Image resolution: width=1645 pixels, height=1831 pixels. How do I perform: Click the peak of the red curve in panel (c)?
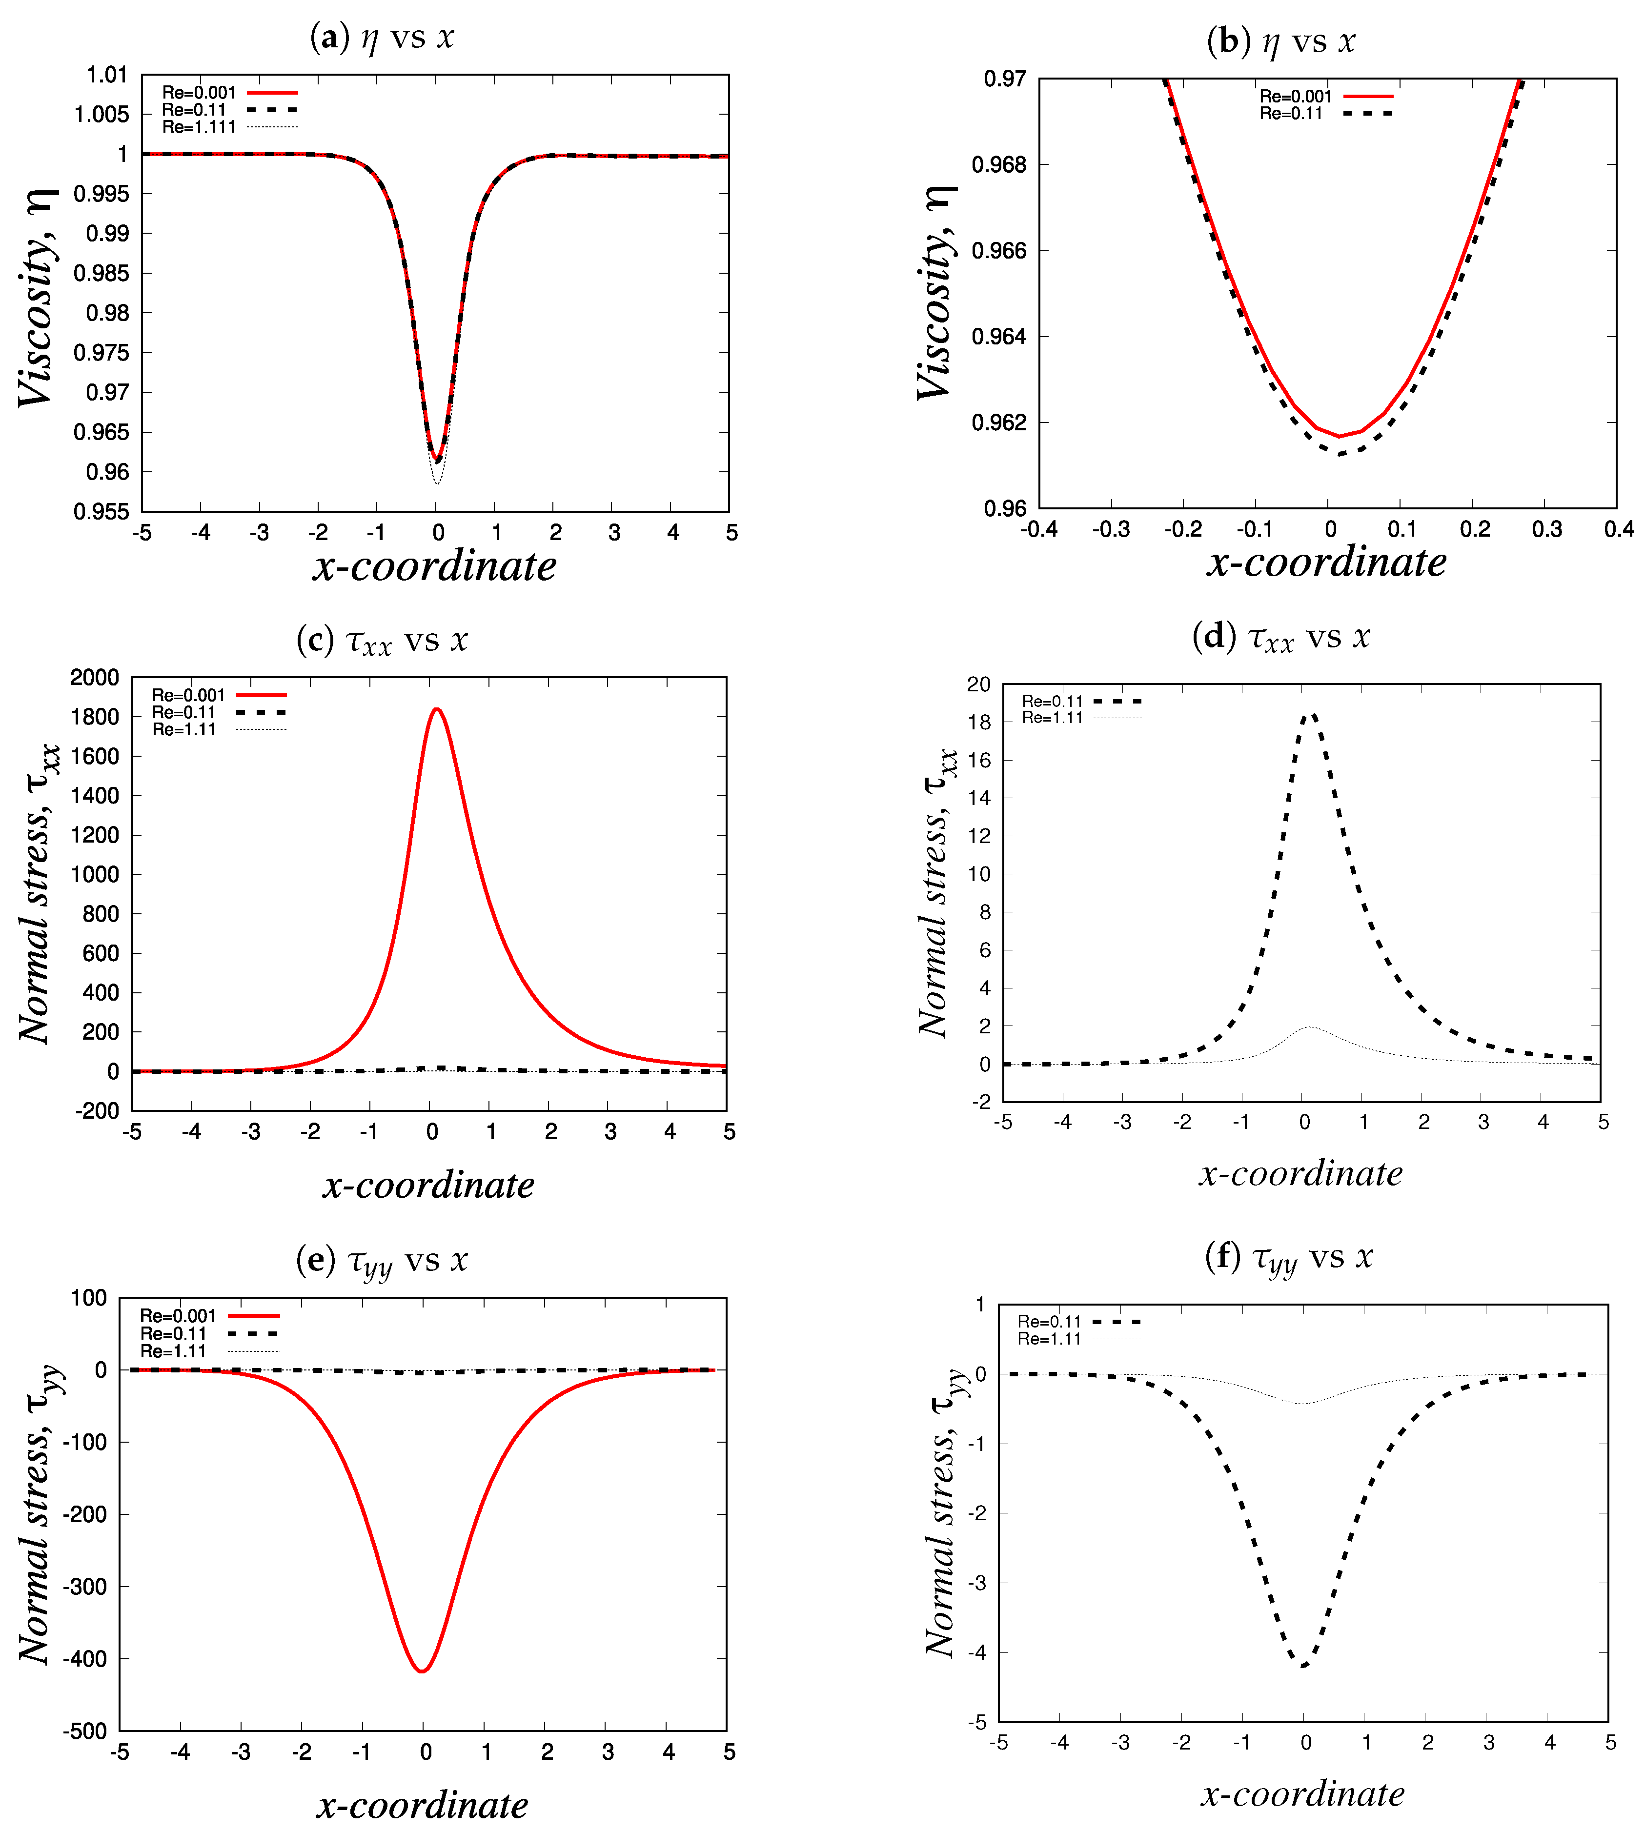tap(437, 709)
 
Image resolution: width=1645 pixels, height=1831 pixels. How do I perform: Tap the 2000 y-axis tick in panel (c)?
tap(94, 678)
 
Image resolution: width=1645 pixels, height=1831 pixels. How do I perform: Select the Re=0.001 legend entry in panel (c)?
tap(188, 695)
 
